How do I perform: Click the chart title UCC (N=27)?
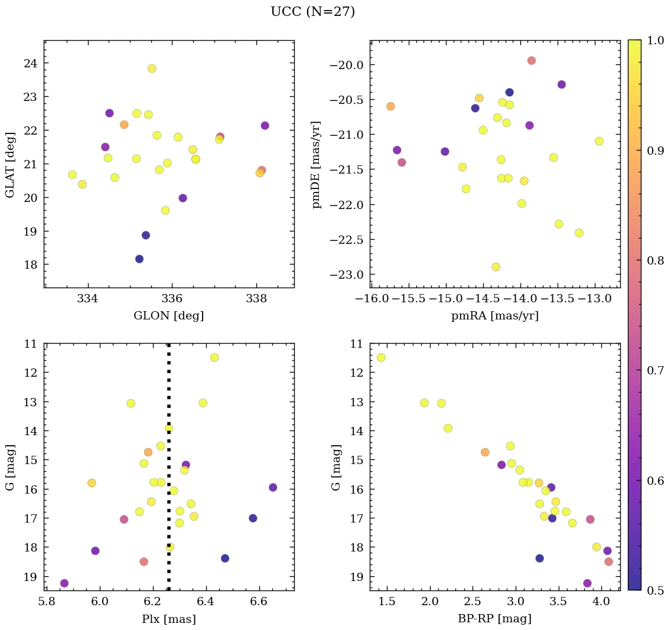click(x=312, y=12)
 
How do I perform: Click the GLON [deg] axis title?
click(x=168, y=316)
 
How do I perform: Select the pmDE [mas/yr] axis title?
click(x=317, y=164)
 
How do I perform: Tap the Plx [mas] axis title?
click(x=168, y=619)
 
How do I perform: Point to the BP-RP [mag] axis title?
click(x=494, y=619)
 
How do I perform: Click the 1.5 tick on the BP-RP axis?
click(x=387, y=603)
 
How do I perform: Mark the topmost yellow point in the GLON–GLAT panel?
click(x=152, y=68)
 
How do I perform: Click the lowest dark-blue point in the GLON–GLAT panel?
click(x=139, y=259)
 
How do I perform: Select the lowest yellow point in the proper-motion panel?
click(x=496, y=267)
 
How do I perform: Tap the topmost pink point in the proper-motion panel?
click(x=532, y=60)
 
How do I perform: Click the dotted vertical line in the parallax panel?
click(x=169, y=502)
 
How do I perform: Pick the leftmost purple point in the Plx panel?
click(x=64, y=583)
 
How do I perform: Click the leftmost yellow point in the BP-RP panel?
click(x=381, y=357)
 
